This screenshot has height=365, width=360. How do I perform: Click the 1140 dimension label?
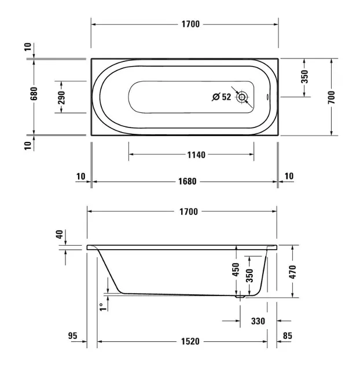(x=196, y=155)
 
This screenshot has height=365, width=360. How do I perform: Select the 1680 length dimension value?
(x=187, y=181)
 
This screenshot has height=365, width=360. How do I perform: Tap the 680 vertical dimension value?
(x=34, y=94)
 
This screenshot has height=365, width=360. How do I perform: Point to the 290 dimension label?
(x=61, y=97)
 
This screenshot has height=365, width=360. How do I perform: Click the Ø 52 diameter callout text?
(x=222, y=97)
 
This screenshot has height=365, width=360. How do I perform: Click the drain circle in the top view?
(x=242, y=97)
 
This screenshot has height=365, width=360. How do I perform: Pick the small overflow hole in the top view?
(x=267, y=97)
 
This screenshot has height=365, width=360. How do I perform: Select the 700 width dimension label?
(x=332, y=97)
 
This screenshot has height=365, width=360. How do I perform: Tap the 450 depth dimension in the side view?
(x=236, y=269)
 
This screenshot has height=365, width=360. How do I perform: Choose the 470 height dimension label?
(x=292, y=272)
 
